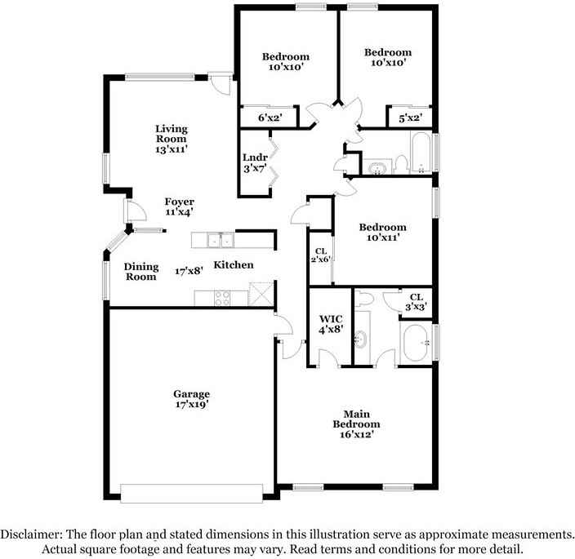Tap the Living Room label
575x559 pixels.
coord(172,139)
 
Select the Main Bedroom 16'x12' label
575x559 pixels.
coord(356,424)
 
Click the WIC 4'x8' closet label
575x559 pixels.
coord(331,324)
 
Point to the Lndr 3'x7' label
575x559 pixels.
coord(255,163)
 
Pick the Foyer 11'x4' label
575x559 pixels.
coord(180,206)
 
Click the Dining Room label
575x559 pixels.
coord(141,272)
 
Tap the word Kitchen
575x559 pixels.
coord(234,265)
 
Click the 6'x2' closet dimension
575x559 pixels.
coord(270,118)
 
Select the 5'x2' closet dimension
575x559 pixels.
coord(410,118)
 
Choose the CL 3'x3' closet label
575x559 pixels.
coord(416,302)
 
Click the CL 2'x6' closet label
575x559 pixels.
coord(321,255)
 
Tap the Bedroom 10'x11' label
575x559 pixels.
coord(383,233)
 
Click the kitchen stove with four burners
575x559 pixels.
coord(222,298)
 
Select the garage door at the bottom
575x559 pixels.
coord(191,494)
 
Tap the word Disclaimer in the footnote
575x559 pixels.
coord(31,535)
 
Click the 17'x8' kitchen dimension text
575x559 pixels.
coord(189,271)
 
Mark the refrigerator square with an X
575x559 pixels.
coord(261,294)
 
